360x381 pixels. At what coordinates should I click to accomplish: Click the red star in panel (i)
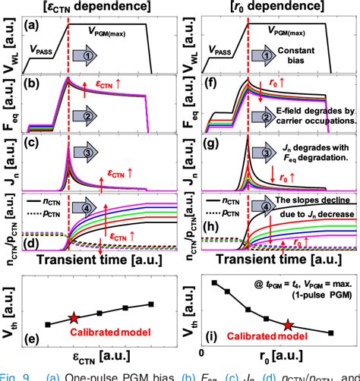pos(287,326)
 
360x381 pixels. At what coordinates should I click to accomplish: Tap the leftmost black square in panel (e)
pos(48,324)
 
